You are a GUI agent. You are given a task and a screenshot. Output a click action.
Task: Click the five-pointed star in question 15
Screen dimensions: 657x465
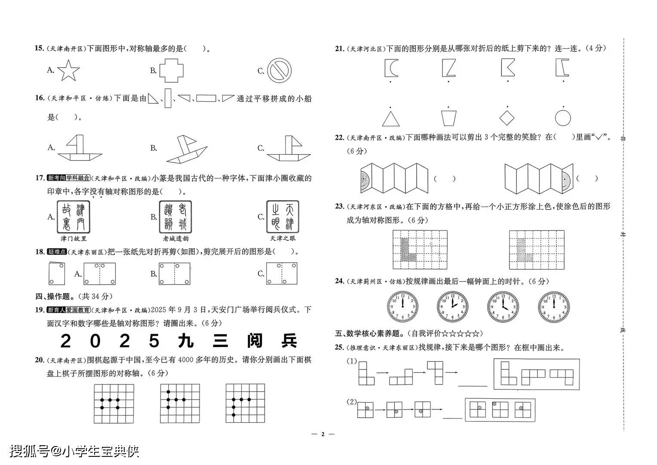68,71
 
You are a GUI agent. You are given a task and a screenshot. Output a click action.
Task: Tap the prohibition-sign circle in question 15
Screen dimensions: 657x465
279,71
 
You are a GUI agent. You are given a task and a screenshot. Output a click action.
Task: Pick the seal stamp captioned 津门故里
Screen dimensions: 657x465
74,217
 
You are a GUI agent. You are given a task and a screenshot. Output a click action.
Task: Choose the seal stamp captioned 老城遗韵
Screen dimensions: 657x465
175,217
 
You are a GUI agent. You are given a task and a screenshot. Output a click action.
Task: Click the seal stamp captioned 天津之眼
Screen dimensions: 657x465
282,217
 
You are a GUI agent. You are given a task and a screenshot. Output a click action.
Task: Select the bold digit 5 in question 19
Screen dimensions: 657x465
154,341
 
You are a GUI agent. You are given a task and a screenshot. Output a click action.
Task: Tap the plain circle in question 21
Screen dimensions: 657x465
563,118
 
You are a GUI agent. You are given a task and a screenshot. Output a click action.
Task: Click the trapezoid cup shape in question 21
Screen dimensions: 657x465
448,118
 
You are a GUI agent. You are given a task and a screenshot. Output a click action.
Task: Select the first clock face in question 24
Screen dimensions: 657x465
402,307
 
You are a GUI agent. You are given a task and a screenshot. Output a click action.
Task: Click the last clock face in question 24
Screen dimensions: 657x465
554,307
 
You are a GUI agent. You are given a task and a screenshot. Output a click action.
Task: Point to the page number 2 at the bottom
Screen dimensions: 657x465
322,434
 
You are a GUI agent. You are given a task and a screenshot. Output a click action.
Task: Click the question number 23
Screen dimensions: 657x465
340,206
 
